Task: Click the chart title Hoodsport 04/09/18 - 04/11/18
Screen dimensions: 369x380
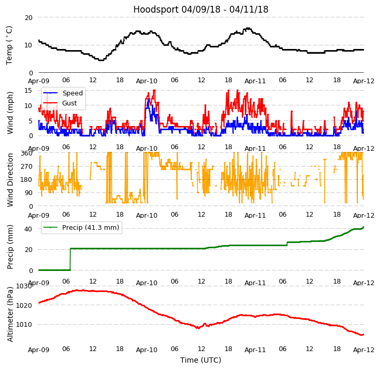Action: (201, 9)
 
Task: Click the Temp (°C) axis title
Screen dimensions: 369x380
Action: (9, 45)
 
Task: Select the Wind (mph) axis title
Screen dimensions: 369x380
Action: (10, 112)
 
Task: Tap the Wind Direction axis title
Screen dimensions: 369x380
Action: (10, 180)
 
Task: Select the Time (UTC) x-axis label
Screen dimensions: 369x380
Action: (201, 360)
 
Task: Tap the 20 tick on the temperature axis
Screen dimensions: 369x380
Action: (28, 17)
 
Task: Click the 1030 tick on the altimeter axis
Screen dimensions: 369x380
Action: (24, 286)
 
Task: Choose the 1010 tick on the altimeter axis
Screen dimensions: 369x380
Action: (24, 324)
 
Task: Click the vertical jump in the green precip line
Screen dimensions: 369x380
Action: (70, 259)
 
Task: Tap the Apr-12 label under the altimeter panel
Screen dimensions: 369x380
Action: (364, 349)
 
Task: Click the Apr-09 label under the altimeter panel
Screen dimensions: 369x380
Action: (38, 349)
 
